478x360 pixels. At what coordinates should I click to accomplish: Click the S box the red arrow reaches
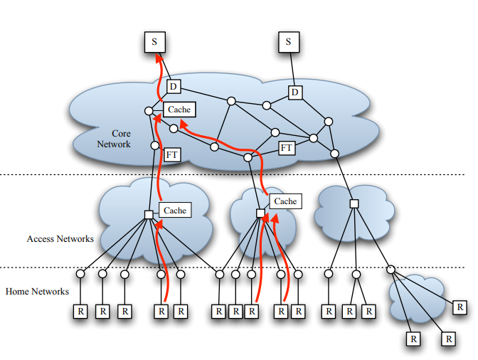click(155, 41)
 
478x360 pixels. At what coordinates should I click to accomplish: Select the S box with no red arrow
click(288, 41)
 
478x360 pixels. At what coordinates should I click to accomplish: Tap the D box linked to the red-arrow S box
click(174, 87)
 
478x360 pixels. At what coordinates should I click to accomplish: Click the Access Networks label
click(60, 239)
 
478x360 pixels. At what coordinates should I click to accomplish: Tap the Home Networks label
click(37, 291)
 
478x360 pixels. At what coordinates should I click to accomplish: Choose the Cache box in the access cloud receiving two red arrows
click(285, 201)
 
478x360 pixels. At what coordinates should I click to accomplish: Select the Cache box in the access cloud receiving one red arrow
click(175, 210)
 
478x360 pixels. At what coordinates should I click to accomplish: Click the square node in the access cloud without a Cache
click(354, 204)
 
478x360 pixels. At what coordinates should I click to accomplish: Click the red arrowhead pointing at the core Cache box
click(184, 122)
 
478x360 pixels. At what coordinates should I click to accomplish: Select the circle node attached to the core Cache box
click(149, 111)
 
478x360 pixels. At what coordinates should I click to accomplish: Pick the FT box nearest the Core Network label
click(172, 154)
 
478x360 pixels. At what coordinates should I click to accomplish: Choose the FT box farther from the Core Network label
click(287, 147)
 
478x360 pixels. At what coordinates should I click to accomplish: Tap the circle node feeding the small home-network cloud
click(391, 270)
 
